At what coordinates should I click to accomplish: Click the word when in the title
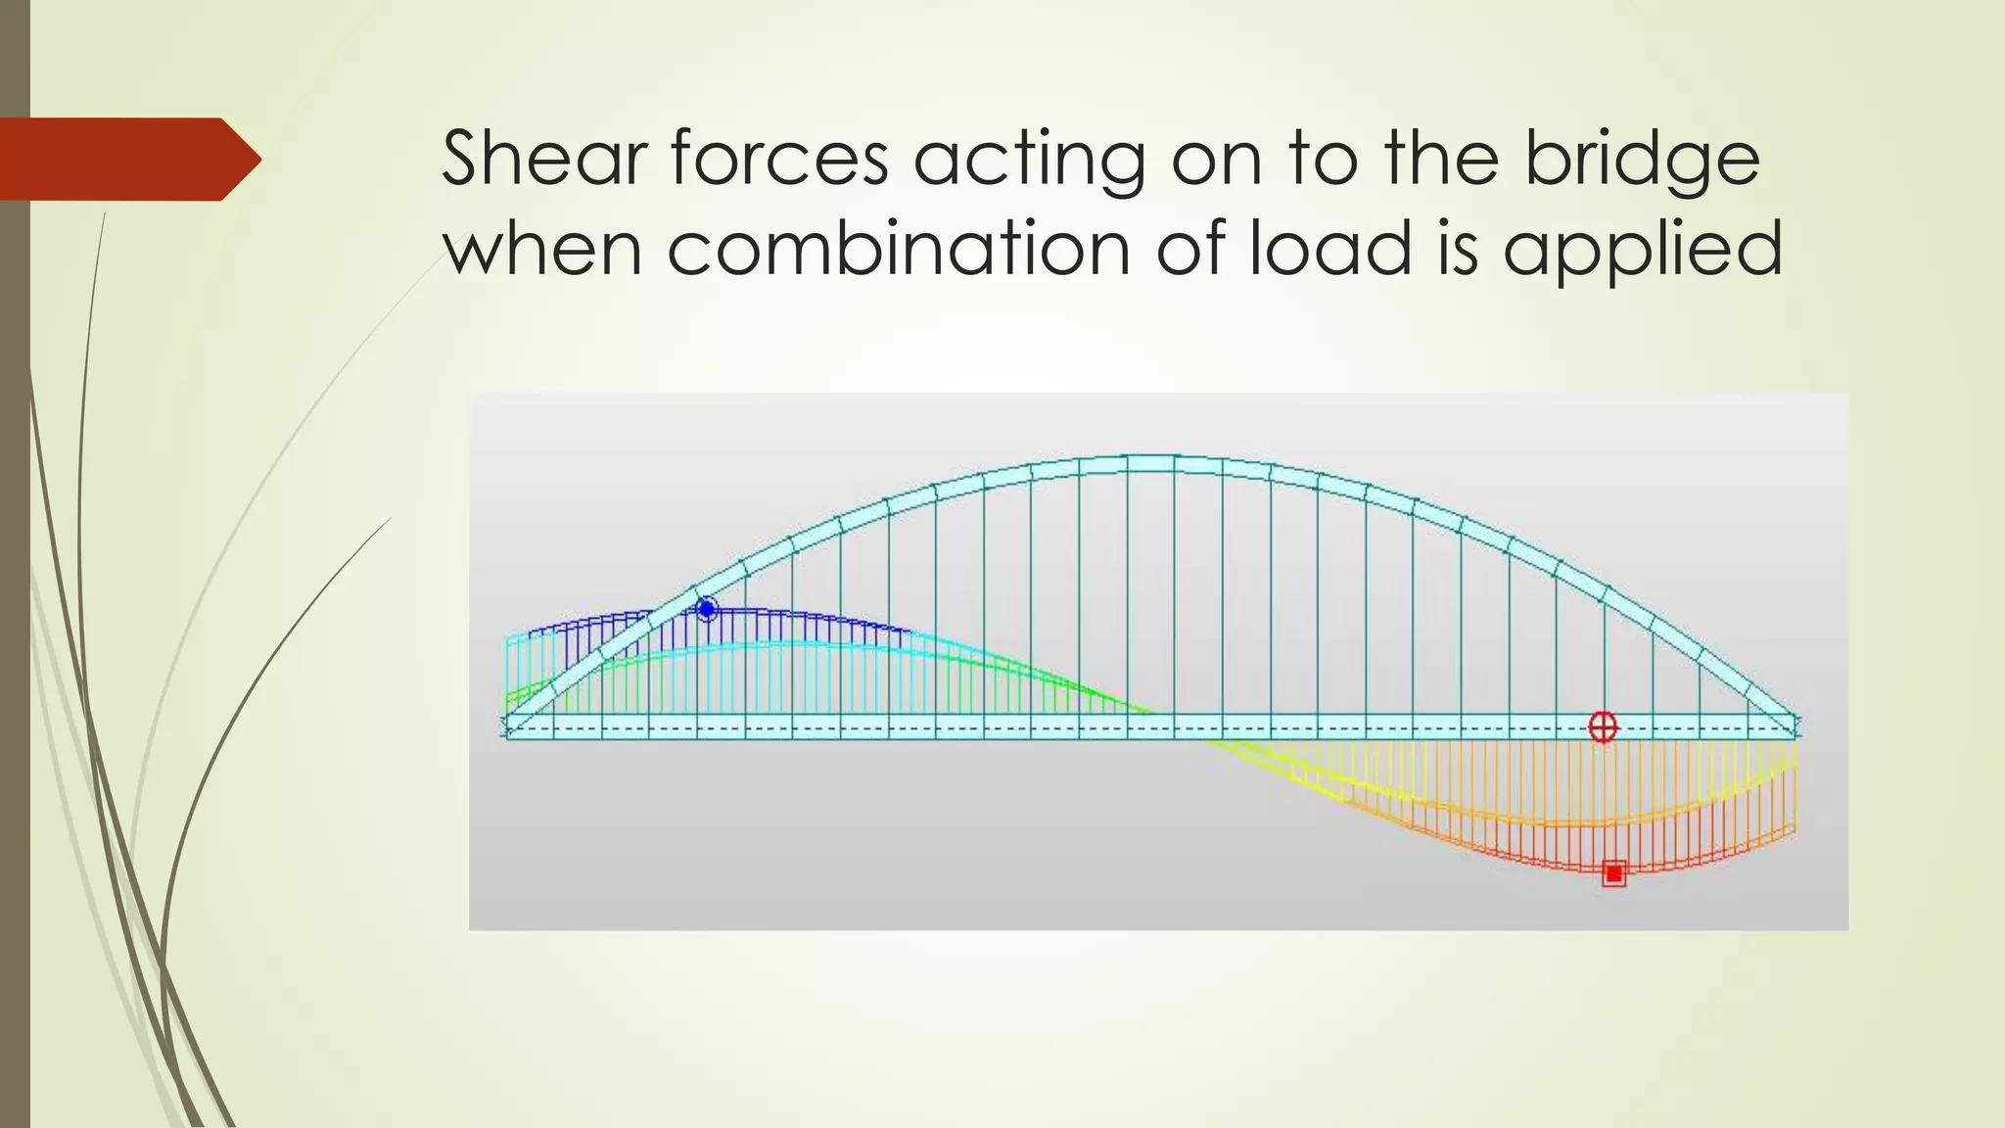(542, 248)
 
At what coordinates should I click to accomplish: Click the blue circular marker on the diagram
(706, 609)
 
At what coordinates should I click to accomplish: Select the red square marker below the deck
(1613, 873)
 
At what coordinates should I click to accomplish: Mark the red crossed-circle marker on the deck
(1603, 727)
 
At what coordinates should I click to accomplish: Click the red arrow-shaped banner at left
(127, 159)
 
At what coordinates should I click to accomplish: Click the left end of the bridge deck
(508, 727)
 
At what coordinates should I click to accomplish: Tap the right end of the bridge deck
(1796, 727)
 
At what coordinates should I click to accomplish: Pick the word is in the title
(1458, 248)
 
